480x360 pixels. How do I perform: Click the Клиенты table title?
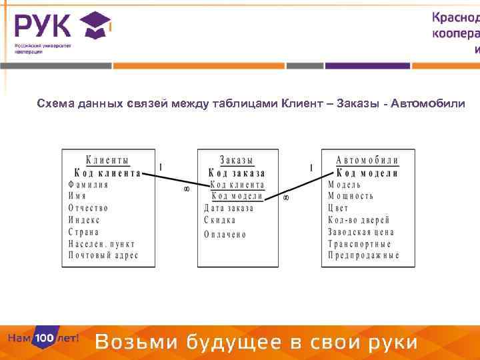107,160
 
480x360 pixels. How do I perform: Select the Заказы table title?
237,160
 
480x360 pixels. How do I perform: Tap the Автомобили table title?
367,160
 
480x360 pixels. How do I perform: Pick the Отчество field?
88,208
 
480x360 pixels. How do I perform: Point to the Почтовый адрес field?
103,255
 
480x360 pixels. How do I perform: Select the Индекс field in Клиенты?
84,220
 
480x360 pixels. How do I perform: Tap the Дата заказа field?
229,208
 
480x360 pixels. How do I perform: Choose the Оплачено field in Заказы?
225,235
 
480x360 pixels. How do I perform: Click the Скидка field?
220,220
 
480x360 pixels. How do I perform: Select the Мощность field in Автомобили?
351,196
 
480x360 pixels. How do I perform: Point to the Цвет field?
338,208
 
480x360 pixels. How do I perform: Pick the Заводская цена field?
361,232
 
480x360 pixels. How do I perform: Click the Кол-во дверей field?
359,220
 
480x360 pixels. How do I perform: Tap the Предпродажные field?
363,255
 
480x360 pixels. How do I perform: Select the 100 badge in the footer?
45,339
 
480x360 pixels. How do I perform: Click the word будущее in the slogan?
235,343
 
